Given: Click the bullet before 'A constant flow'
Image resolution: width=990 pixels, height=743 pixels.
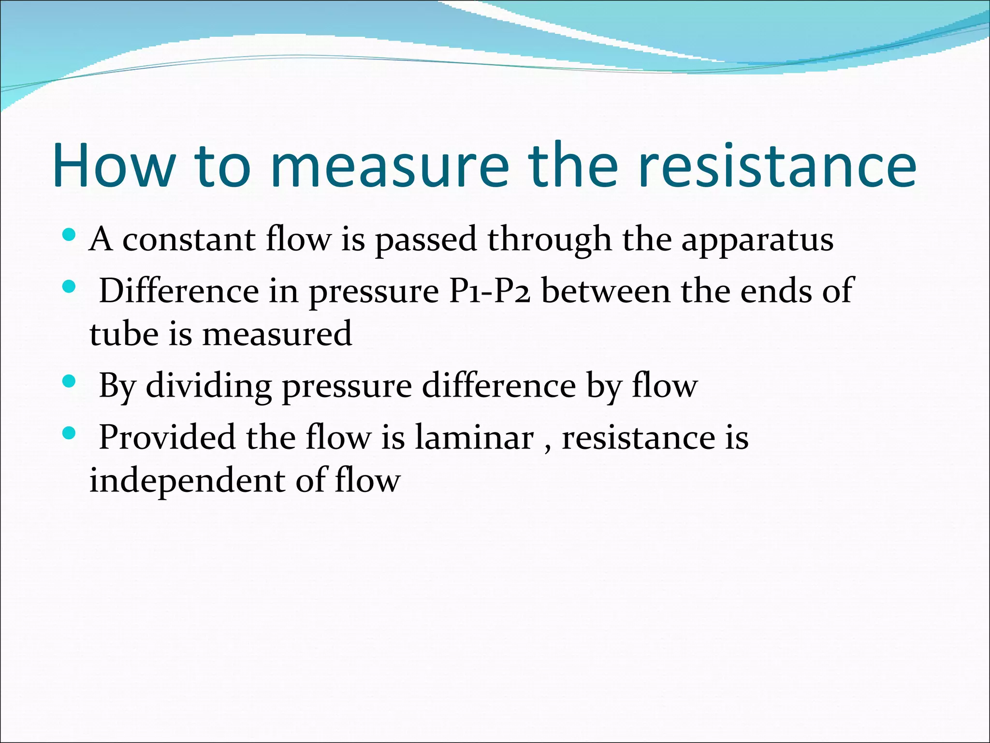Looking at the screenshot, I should pyautogui.click(x=69, y=235).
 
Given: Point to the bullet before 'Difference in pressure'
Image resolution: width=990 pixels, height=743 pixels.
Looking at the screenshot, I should pyautogui.click(x=69, y=287).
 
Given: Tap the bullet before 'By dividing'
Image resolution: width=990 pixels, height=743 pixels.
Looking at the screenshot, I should pyautogui.click(x=69, y=382).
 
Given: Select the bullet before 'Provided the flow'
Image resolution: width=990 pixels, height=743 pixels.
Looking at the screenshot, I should pyautogui.click(x=69, y=433).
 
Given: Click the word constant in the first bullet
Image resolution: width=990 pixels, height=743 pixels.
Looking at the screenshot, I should pyautogui.click(x=189, y=239).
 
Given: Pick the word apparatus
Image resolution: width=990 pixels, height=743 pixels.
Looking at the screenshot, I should pyautogui.click(x=757, y=240).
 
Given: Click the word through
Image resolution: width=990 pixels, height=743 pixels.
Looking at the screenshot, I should pyautogui.click(x=549, y=240).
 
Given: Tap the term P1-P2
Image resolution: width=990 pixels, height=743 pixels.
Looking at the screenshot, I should pyautogui.click(x=489, y=291).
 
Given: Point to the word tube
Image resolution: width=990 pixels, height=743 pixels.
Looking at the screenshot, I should pyautogui.click(x=124, y=334).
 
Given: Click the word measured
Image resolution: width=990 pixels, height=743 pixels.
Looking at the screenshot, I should pyautogui.click(x=277, y=334).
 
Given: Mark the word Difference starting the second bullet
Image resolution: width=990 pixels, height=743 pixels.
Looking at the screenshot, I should pyautogui.click(x=179, y=291).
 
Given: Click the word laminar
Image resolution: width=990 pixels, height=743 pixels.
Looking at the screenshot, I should pyautogui.click(x=474, y=437).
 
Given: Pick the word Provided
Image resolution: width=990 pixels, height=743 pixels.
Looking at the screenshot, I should pyautogui.click(x=167, y=437).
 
